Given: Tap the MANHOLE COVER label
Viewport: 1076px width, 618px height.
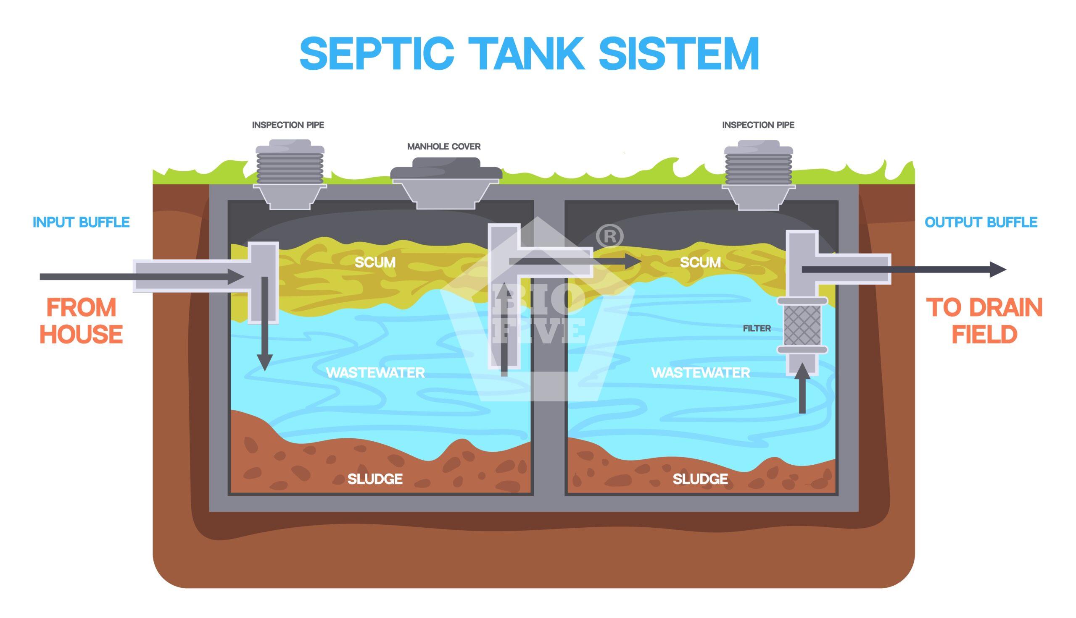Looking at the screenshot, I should pos(443,147).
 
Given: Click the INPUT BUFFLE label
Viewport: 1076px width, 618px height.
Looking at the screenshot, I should pos(81,222).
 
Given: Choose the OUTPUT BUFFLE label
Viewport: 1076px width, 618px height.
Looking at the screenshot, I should pos(981,222).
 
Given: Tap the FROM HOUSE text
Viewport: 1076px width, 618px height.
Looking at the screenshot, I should pos(81,320).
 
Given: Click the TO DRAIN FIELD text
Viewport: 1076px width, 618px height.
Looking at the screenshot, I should pos(984,320).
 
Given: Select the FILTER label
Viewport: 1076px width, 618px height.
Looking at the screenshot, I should pos(757,328).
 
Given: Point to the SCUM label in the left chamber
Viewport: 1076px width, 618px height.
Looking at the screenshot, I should pos(374,262).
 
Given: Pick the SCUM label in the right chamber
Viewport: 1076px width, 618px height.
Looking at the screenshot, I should pos(700,262).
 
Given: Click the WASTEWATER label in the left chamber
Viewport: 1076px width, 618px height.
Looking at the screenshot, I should pos(375,373).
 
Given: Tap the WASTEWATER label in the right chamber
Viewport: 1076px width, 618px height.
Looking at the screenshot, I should pos(701,373).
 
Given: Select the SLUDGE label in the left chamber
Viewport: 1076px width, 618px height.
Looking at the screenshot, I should pos(374,479).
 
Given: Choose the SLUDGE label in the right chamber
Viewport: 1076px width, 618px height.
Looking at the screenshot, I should pos(700,479).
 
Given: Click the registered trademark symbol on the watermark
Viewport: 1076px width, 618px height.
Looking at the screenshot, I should pos(609,237).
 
